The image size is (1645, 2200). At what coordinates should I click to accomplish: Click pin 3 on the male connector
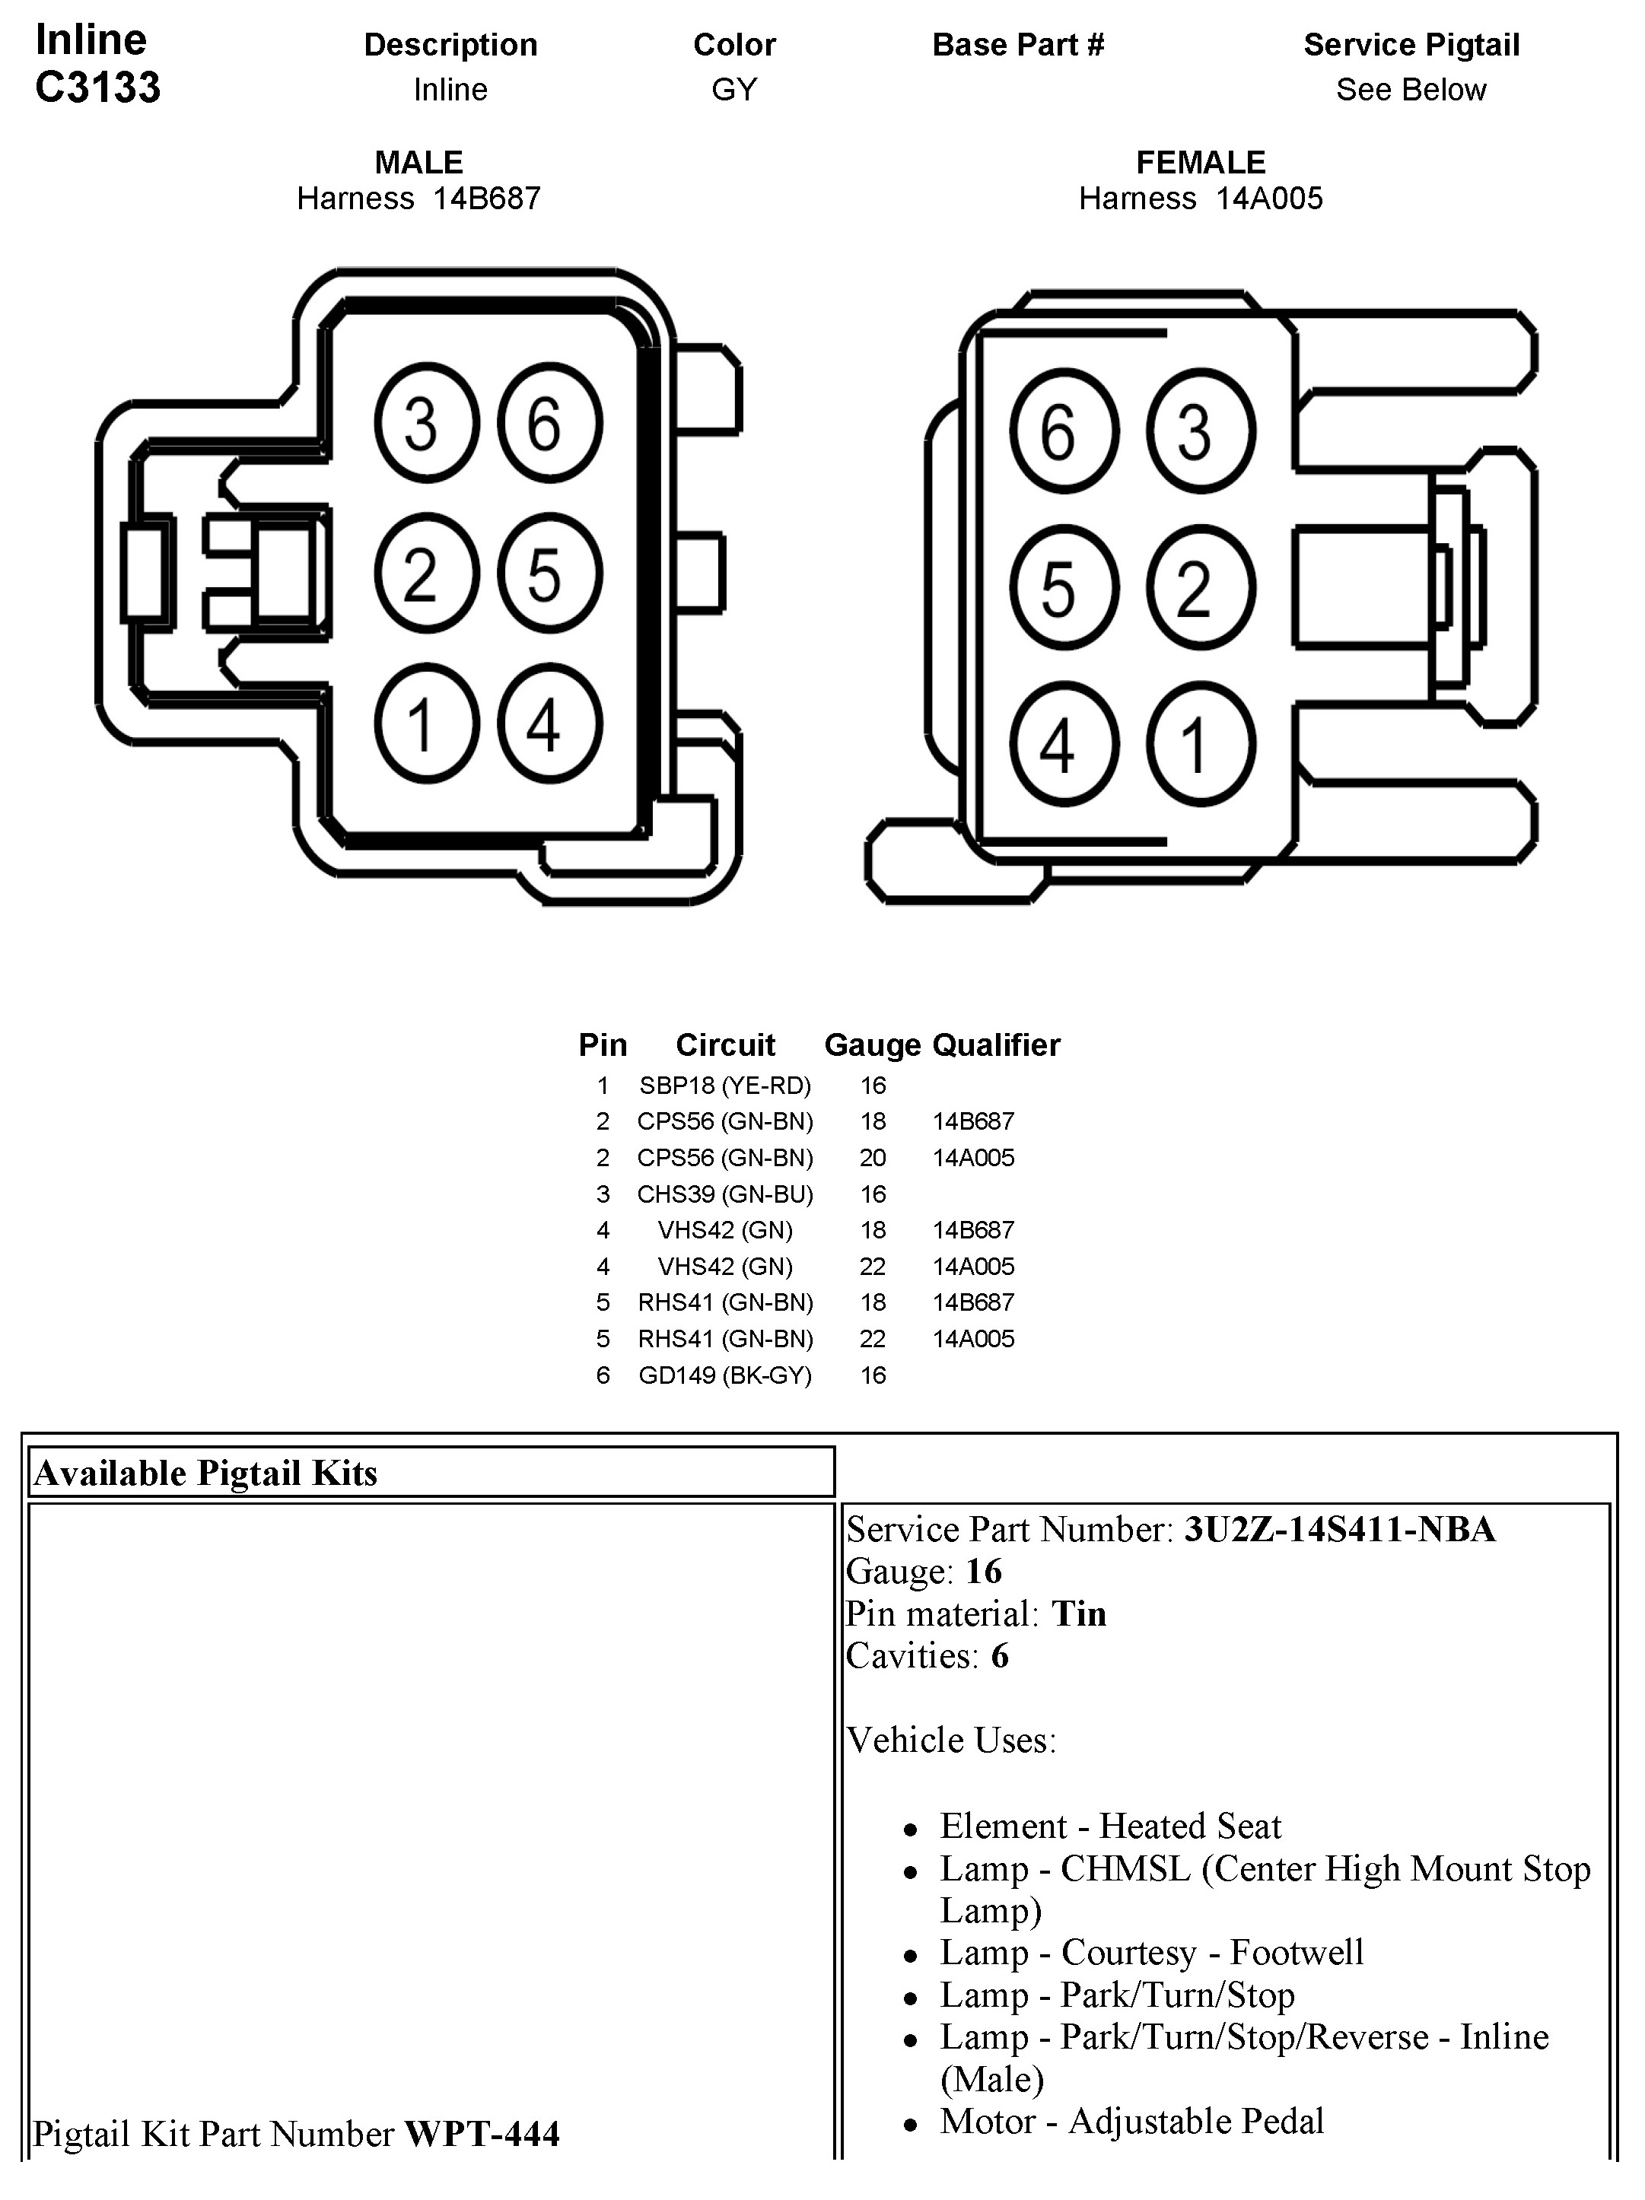[427, 423]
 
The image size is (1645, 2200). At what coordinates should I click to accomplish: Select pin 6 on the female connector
[1063, 431]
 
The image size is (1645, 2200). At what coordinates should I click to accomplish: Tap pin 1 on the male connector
[427, 723]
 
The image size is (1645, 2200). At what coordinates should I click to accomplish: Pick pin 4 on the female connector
[1063, 745]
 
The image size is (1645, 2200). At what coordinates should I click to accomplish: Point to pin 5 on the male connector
[549, 574]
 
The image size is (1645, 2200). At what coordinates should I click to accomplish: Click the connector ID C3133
[97, 87]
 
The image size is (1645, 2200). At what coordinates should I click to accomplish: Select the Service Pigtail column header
[1411, 45]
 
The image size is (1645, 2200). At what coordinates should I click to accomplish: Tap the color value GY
[734, 90]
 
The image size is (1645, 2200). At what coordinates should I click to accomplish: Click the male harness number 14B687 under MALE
[486, 199]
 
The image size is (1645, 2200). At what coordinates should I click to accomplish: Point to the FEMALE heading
[1201, 162]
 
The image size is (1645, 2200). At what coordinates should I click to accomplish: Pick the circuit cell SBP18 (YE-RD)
[725, 1085]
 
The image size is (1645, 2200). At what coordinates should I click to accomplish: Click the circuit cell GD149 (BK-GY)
[725, 1375]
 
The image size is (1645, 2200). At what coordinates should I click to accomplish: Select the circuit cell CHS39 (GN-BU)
[725, 1194]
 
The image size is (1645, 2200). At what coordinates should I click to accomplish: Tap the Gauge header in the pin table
[872, 1045]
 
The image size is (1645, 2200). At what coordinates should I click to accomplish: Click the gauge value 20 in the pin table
[872, 1158]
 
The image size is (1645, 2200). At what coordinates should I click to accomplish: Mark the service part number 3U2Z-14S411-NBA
[1338, 1528]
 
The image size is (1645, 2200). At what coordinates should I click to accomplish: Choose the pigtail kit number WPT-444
[482, 2133]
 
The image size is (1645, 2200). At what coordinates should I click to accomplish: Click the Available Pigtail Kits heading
[206, 1473]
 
